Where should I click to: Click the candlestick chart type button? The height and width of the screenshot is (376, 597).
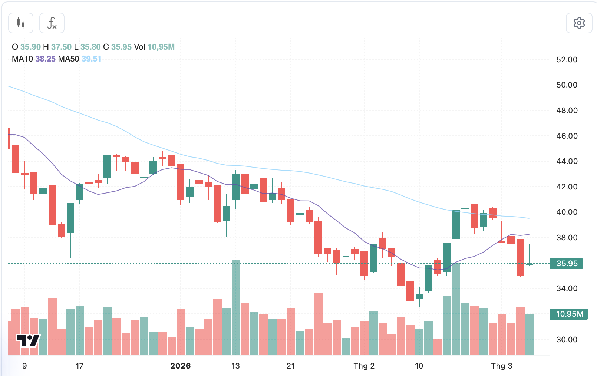[21, 23]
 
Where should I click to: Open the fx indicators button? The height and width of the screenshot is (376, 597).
[52, 23]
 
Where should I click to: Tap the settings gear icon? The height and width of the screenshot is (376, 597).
[579, 23]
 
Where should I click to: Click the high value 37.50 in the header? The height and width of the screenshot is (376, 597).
[61, 47]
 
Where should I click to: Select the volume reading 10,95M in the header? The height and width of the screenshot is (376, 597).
[161, 47]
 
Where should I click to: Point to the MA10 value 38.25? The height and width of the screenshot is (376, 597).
[45, 59]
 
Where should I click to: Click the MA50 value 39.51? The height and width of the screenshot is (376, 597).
[91, 59]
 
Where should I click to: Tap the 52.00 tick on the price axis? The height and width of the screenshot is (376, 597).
[567, 60]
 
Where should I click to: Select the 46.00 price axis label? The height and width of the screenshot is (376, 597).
[567, 136]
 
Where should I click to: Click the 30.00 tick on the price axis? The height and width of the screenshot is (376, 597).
[567, 340]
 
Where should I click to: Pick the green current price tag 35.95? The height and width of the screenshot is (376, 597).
[567, 264]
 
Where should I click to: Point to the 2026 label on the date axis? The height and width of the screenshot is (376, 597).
[180, 366]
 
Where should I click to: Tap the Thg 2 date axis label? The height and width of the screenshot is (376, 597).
[364, 366]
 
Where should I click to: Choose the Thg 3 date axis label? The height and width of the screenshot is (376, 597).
[501, 366]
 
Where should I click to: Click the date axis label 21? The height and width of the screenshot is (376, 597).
[291, 366]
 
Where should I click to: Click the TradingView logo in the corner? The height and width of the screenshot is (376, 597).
[28, 340]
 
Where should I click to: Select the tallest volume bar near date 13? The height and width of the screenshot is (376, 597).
[236, 308]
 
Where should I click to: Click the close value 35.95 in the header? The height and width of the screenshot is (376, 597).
[121, 47]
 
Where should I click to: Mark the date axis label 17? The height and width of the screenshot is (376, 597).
[79, 366]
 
